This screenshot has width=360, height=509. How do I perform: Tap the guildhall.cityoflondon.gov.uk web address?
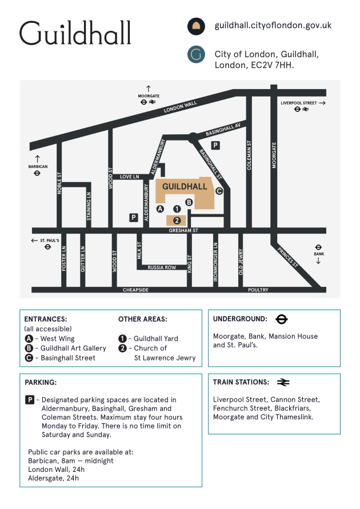coord(273,25)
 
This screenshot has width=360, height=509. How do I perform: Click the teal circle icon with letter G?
coord(196,54)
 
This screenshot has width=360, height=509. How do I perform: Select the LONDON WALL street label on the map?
coord(180,107)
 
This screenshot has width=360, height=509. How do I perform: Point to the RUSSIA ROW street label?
coord(162,267)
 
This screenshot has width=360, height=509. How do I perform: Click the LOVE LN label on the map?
coord(130,177)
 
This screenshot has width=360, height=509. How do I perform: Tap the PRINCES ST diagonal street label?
coord(287,258)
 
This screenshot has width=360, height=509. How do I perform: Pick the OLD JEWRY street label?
coord(241,262)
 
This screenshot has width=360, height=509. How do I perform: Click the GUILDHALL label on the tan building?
coord(185,186)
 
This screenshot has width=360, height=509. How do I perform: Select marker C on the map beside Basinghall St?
coord(219,191)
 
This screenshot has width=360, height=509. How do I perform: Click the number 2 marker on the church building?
coord(177,221)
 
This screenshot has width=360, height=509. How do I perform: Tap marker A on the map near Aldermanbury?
coord(160,209)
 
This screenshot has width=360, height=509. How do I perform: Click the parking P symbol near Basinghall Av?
coord(215,145)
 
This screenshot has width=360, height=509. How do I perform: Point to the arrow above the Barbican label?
coord(38,159)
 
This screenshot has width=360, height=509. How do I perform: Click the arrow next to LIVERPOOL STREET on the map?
coord(322,103)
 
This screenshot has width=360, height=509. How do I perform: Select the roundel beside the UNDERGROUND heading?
coord(282,319)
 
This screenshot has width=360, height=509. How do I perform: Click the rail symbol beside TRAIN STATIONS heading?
coord(283,382)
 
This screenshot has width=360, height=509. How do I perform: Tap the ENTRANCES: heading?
coord(46,319)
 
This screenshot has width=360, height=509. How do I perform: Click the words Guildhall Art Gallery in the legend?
coord(73,348)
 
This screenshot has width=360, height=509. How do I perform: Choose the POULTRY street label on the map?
coord(258,290)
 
